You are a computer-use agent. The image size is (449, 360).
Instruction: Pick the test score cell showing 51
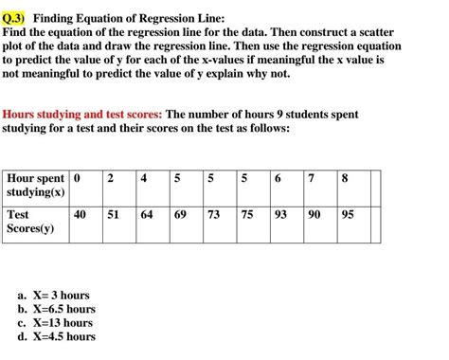click(113, 215)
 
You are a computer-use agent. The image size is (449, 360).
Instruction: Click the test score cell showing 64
click(146, 215)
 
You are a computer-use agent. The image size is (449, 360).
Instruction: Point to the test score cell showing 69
click(180, 215)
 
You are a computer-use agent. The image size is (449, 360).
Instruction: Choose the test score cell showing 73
click(213, 215)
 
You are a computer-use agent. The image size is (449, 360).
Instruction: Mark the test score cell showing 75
click(246, 215)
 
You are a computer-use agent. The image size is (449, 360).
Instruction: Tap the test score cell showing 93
click(279, 215)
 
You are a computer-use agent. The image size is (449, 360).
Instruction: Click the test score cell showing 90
click(314, 215)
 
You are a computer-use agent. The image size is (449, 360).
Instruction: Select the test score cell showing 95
click(348, 215)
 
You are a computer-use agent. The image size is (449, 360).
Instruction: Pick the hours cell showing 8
click(345, 179)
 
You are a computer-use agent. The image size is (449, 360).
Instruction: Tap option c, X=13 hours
click(55, 322)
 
